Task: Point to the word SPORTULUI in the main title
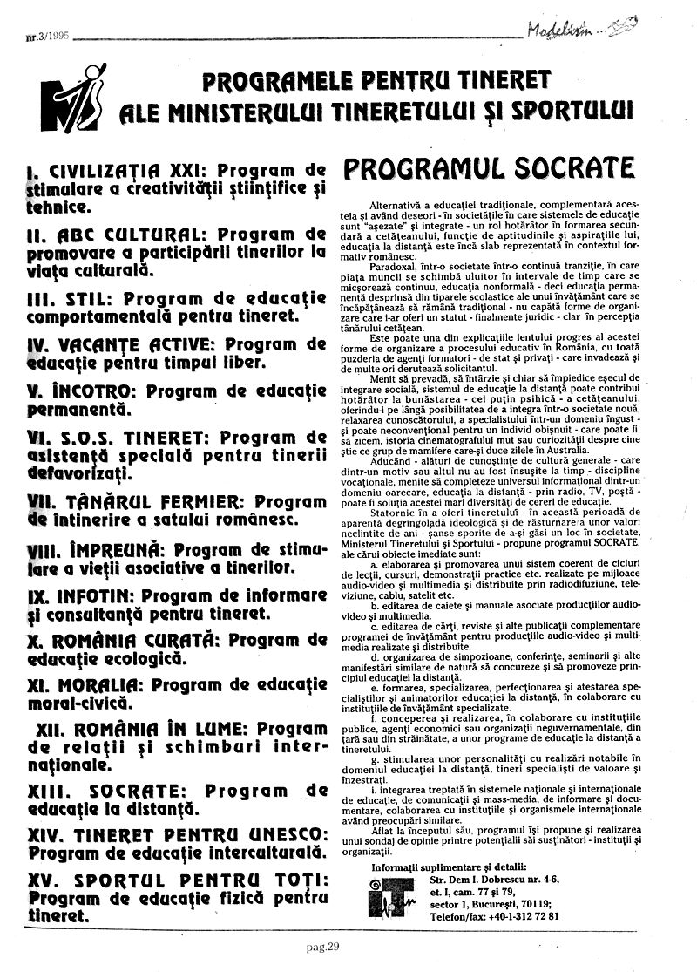(575, 112)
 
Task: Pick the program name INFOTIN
(95, 598)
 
